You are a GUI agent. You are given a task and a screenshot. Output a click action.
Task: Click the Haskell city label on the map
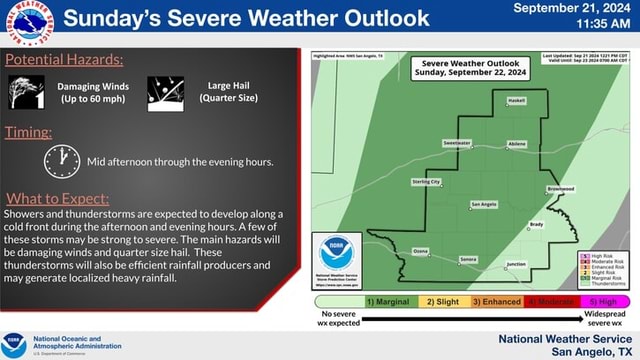[516, 101]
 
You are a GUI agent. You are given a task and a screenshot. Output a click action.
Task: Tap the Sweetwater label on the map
[456, 143]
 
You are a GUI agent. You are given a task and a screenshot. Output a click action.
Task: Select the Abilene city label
[517, 144]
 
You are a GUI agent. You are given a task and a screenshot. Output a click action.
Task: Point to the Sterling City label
[426, 182]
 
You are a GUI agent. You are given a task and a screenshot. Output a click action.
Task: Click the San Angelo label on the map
[483, 204]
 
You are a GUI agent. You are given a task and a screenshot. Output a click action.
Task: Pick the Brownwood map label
[560, 188]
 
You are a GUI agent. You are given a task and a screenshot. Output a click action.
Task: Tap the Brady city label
[536, 224]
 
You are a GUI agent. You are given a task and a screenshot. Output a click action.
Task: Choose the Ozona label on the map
[420, 250]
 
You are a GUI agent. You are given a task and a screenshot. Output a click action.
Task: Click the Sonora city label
[468, 259]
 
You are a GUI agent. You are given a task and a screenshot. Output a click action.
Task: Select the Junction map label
[516, 264]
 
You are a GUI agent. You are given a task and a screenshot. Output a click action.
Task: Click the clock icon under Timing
[61, 160]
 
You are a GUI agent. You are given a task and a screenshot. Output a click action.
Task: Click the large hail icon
[165, 93]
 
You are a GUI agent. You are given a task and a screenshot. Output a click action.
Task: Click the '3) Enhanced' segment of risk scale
[496, 301]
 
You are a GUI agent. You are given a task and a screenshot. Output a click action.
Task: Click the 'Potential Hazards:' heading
[64, 61]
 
